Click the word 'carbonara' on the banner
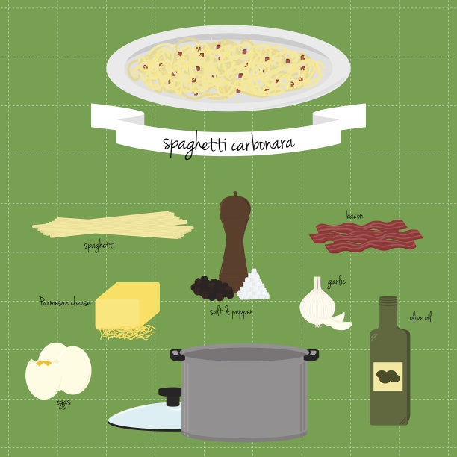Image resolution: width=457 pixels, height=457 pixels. (263, 143)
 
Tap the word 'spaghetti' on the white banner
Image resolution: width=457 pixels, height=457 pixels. (194, 145)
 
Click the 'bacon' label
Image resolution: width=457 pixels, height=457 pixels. (355, 215)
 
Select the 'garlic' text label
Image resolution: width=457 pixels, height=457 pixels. (336, 282)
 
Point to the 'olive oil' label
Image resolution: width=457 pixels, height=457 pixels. (420, 317)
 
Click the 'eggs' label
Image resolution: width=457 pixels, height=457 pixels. (63, 403)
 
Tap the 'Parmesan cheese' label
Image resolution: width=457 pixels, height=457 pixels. (65, 302)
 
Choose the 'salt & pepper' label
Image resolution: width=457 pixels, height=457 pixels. (231, 312)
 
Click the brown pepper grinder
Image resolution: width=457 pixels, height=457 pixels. (234, 242)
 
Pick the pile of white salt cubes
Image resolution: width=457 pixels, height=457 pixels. (253, 285)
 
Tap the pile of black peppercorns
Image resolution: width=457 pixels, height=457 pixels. (211, 288)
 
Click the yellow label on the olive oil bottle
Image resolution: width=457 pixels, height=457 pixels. (388, 376)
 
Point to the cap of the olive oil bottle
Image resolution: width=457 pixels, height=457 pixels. (388, 301)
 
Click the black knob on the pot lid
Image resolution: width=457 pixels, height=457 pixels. (170, 396)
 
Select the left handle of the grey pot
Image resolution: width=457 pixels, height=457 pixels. (176, 355)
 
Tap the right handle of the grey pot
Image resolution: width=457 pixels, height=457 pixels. (311, 355)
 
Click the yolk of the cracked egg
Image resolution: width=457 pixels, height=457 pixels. (44, 363)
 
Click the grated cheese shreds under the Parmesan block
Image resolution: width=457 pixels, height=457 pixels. (128, 332)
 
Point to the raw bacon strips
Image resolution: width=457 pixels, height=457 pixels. (366, 236)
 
